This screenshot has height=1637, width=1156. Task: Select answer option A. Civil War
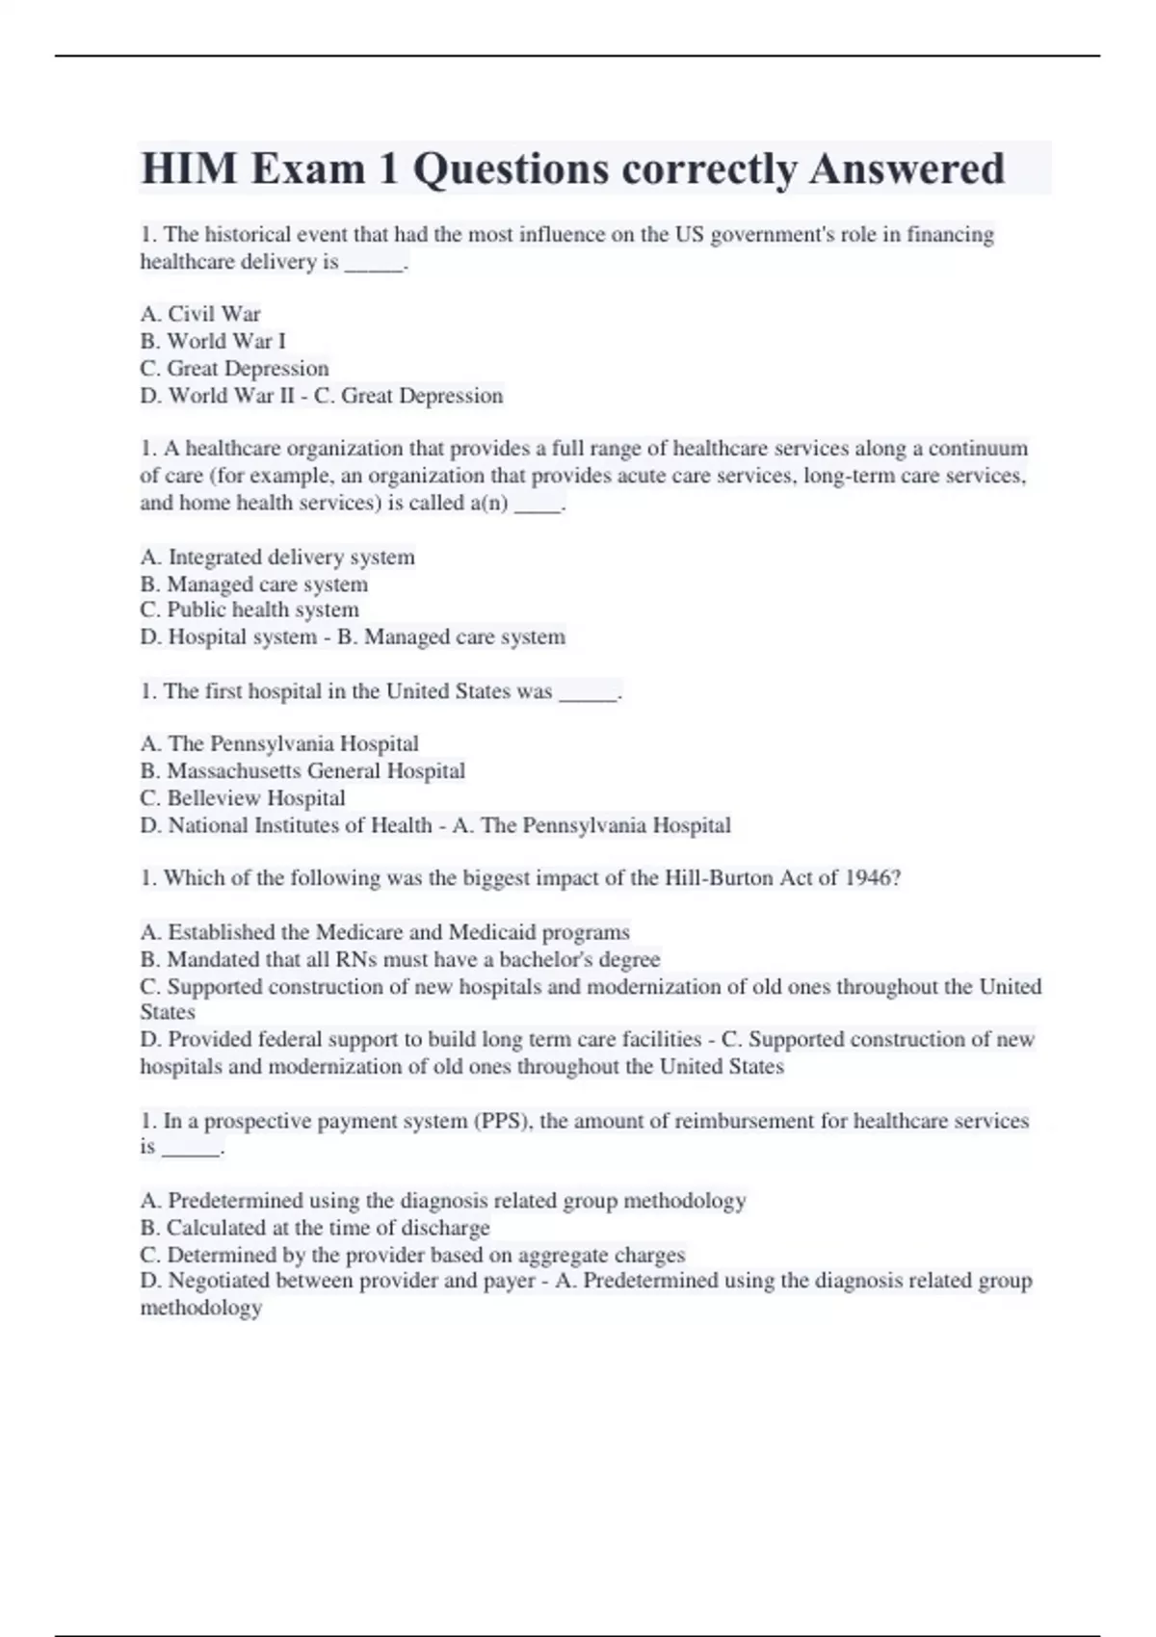point(200,314)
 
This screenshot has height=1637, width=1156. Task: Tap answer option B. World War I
point(213,341)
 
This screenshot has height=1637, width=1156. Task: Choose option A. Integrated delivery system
point(277,557)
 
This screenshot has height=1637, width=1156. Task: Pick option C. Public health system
point(250,610)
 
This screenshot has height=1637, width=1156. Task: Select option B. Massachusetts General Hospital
point(302,770)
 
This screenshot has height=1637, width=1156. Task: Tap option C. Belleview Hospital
point(243,797)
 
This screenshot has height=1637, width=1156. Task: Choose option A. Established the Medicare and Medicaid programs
point(384,932)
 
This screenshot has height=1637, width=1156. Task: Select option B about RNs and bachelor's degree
point(400,959)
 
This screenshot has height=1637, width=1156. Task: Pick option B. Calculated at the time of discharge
point(315,1228)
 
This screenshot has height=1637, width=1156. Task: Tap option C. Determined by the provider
point(412,1255)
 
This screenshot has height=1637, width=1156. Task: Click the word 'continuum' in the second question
point(978,449)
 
